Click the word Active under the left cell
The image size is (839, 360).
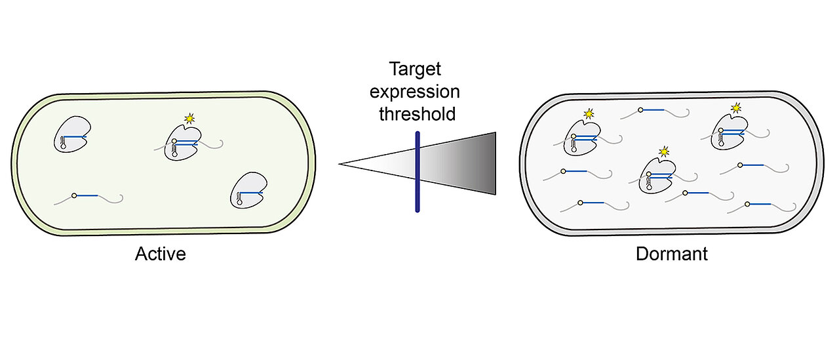point(161,254)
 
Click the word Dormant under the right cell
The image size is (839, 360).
point(672,254)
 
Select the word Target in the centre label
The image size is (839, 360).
point(416,69)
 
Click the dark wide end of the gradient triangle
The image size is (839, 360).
point(488,164)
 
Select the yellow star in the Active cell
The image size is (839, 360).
point(190,119)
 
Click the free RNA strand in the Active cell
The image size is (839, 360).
point(97,196)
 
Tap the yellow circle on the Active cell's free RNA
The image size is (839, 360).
point(74,195)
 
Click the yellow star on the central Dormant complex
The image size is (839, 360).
point(665,151)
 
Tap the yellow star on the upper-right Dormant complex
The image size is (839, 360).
point(736,107)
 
